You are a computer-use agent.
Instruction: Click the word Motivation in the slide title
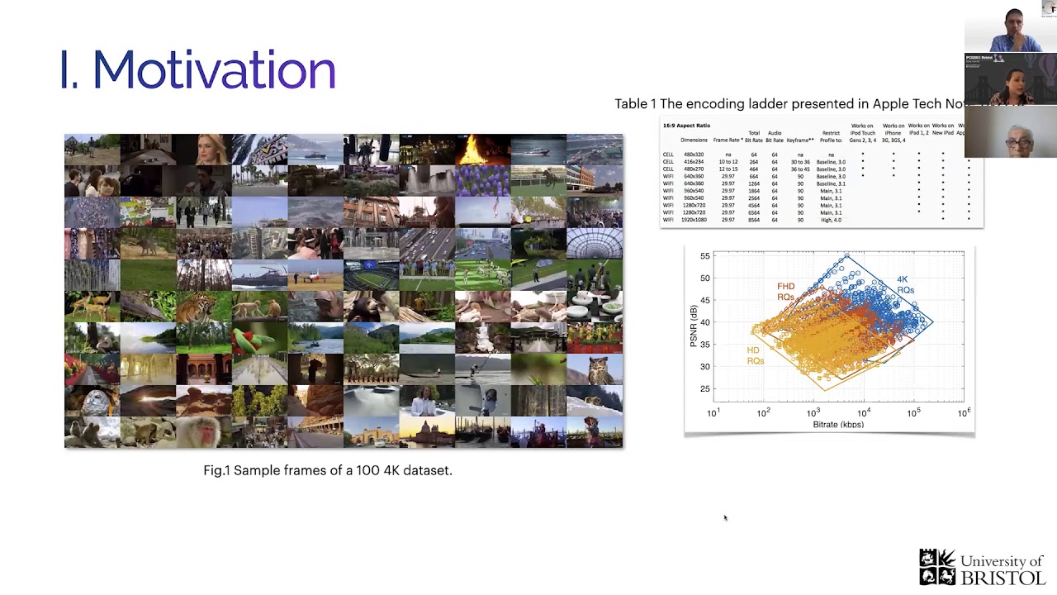point(213,70)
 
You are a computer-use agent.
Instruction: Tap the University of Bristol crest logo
point(937,567)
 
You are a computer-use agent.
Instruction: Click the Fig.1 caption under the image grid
point(328,470)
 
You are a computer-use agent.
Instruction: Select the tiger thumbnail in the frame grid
point(203,307)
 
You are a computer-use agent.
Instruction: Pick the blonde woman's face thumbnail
point(203,150)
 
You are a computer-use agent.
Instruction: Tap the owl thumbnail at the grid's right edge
point(595,369)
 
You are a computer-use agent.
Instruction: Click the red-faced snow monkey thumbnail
point(203,432)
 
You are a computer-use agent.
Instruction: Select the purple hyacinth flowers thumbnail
point(482,180)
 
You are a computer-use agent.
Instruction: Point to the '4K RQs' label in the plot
point(906,285)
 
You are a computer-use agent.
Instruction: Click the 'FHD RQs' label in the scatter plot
point(785,292)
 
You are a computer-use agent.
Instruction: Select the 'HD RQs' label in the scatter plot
point(755,355)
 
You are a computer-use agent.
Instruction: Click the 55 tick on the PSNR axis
point(704,256)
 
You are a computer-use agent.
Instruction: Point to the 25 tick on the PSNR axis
point(704,389)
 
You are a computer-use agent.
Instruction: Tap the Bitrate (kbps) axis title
point(837,425)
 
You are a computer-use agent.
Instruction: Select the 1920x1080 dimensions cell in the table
point(694,220)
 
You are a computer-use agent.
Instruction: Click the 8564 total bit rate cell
point(753,220)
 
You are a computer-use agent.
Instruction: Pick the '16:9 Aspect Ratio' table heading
point(686,126)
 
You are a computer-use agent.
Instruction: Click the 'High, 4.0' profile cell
point(830,220)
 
